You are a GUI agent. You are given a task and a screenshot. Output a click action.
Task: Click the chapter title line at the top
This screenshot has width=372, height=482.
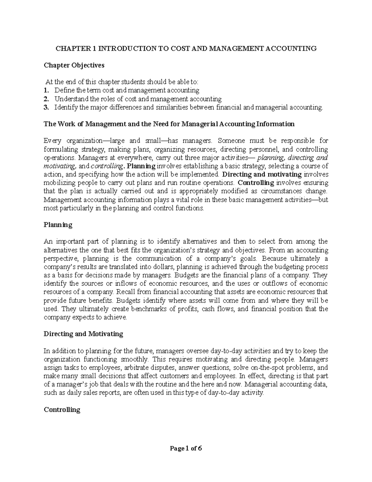(186, 48)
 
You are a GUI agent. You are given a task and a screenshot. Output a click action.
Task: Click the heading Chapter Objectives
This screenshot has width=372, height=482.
(74, 65)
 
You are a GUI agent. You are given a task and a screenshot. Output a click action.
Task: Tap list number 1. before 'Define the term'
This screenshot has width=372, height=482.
(46, 90)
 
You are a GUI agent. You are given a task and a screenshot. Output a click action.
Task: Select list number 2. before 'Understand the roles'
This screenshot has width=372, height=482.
(46, 99)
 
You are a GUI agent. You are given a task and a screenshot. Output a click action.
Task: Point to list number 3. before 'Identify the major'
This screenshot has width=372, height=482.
(46, 107)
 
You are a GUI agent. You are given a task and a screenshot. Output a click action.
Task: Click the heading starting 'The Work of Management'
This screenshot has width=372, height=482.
(169, 124)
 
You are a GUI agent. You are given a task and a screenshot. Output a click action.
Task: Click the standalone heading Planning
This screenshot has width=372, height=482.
(58, 225)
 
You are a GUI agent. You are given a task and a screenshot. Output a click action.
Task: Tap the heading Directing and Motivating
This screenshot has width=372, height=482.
(83, 334)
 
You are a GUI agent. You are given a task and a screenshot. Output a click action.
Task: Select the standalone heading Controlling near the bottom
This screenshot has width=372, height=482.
(62, 410)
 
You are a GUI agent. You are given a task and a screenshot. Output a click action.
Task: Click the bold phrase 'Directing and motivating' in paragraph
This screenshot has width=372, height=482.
(262, 174)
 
